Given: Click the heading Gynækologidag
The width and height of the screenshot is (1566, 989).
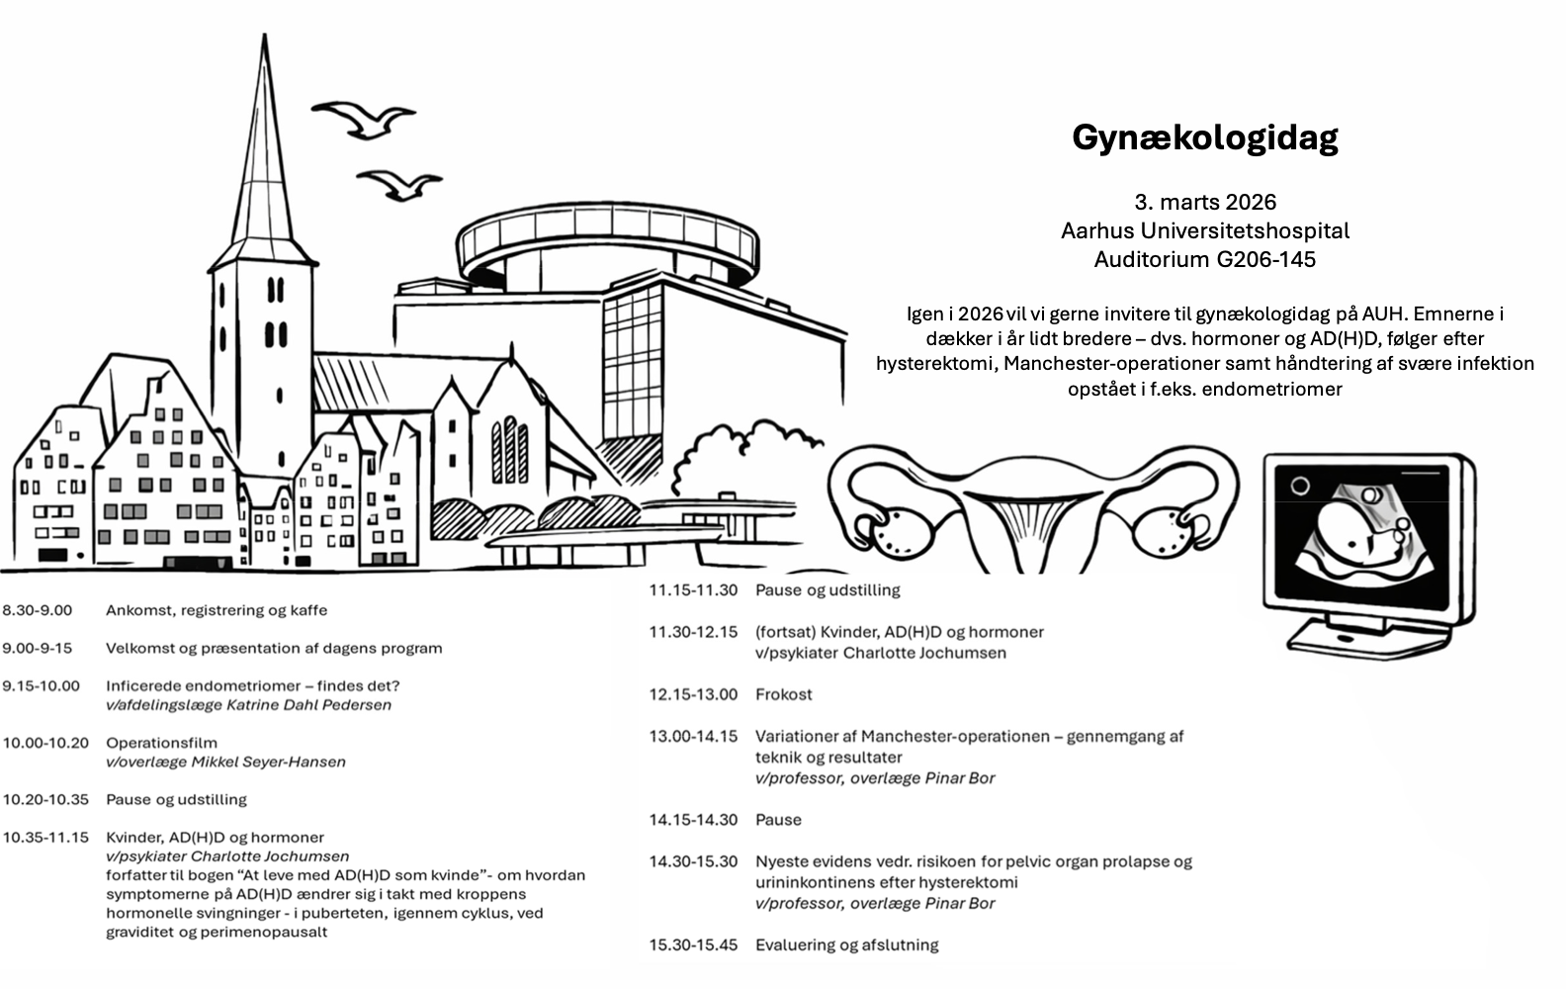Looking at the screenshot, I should [1204, 137].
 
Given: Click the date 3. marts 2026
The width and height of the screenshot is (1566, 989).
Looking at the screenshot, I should [1204, 203].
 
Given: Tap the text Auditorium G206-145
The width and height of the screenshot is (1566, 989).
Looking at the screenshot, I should [1204, 260].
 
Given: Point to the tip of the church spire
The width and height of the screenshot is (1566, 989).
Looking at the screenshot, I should [265, 38].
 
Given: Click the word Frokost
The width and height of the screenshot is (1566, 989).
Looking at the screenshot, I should [783, 694].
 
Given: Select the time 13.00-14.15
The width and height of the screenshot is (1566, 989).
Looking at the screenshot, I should [693, 736].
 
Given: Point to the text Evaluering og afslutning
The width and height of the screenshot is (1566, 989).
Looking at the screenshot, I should [846, 944].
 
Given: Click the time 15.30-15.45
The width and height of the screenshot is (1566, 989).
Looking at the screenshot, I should [693, 944].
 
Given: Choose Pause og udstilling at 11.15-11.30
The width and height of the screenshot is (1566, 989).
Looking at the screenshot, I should [827, 590].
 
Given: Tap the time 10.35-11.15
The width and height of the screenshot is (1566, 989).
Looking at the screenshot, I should [45, 837].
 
